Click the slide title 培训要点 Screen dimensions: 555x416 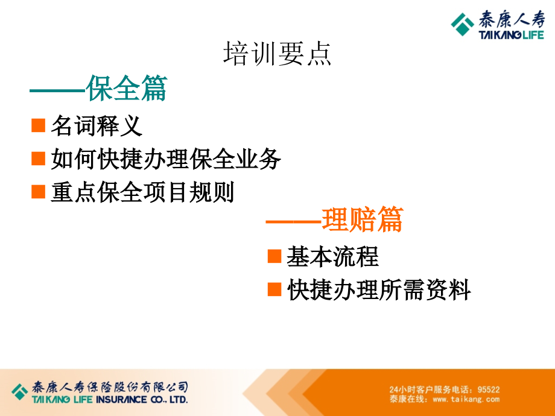point(277,54)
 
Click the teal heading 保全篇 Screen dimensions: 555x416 point(126,88)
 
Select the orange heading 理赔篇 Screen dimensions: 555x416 point(363,219)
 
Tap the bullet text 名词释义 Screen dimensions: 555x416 point(97,125)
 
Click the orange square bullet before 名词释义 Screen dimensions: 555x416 point(38,125)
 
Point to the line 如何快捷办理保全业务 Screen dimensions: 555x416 point(166,159)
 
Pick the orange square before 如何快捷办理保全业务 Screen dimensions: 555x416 point(38,159)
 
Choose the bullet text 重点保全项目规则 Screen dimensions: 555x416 point(142,192)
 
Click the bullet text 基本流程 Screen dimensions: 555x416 point(333,256)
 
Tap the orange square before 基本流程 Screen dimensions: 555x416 point(274,256)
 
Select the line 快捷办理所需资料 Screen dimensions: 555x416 point(379,290)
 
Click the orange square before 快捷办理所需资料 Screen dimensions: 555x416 point(274,289)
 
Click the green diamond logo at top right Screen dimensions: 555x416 point(462,24)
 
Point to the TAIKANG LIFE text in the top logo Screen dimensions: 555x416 point(511,35)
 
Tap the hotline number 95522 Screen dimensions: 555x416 point(489,389)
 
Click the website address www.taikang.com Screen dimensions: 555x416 point(466,399)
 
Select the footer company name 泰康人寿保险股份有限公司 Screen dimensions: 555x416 point(110,387)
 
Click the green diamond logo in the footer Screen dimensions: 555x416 point(19,392)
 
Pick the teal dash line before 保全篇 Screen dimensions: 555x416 point(57,91)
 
